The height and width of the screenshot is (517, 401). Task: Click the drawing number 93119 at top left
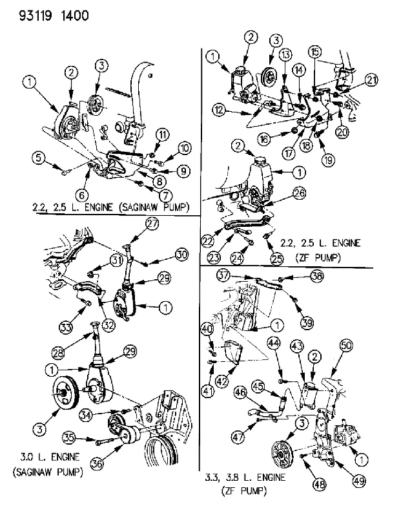click(36, 16)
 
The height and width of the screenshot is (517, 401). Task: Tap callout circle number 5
click(39, 157)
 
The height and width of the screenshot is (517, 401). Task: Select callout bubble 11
click(162, 134)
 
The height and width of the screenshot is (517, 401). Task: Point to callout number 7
click(166, 195)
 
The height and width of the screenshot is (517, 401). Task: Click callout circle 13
click(285, 54)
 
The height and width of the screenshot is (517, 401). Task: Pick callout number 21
click(371, 79)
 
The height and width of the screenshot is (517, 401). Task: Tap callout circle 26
click(299, 193)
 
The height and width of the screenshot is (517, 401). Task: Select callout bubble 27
click(152, 224)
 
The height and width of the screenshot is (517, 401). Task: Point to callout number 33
click(67, 328)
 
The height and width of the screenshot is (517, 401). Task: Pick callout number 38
click(317, 276)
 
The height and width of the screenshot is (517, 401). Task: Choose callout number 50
click(346, 345)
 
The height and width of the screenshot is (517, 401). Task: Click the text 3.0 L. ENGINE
click(50, 457)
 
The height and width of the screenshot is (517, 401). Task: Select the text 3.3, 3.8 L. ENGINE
click(245, 477)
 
